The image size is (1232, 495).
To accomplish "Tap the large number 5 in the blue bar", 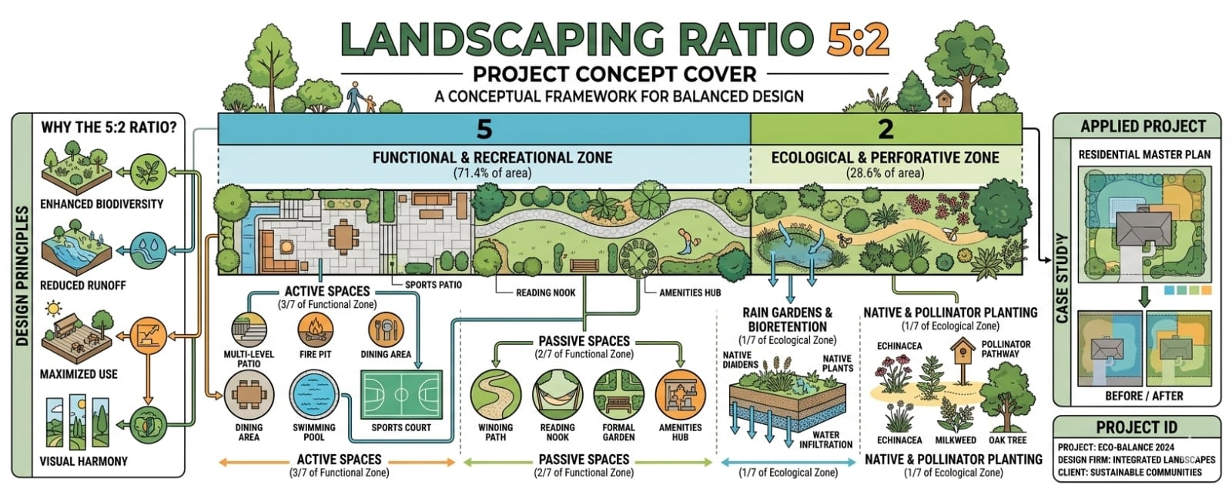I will pyautogui.click(x=484, y=129).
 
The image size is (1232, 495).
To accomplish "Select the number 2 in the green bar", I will pyautogui.click(x=885, y=129).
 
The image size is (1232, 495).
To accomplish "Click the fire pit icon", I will pyautogui.click(x=315, y=329).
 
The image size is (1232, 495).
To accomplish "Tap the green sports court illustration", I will pyautogui.click(x=401, y=395).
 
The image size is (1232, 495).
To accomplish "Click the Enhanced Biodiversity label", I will pyautogui.click(x=102, y=204).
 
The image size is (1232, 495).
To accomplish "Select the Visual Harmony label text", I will pyautogui.click(x=84, y=461).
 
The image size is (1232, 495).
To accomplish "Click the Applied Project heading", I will pyautogui.click(x=1143, y=126).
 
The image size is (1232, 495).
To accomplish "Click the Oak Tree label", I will pyautogui.click(x=1007, y=440).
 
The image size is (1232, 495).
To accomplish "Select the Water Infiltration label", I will pyautogui.click(x=825, y=440).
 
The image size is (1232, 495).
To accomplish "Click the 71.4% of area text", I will pyautogui.click(x=492, y=173).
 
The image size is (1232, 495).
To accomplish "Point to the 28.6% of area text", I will pyautogui.click(x=885, y=173).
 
